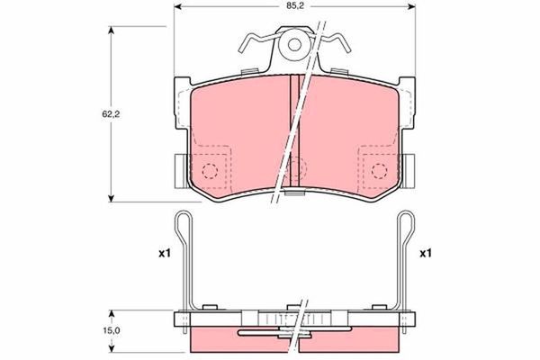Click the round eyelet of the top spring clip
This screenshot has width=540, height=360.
(x=293, y=45)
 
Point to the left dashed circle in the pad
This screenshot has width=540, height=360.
(x=210, y=170)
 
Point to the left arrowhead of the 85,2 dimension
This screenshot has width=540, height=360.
(x=178, y=8)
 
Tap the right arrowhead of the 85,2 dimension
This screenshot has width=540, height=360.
(x=410, y=8)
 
